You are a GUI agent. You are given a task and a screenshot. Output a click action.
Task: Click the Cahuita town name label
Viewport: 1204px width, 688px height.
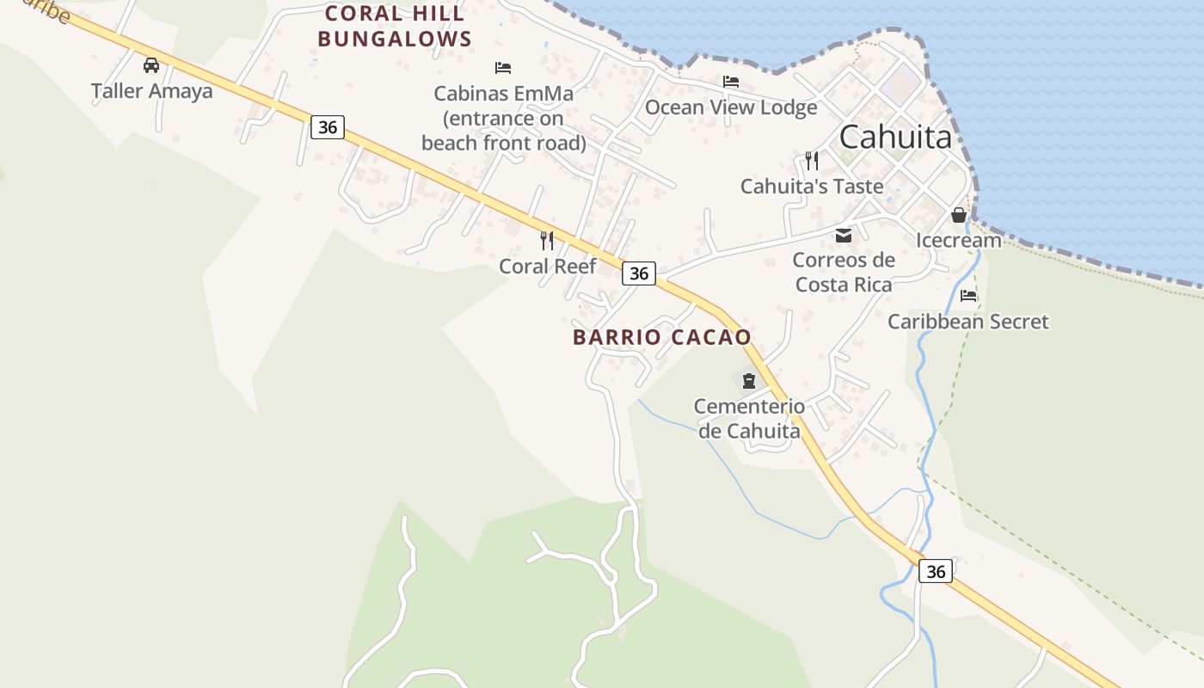click(x=895, y=137)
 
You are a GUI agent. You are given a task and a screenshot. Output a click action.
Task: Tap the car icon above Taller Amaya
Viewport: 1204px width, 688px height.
click(x=151, y=64)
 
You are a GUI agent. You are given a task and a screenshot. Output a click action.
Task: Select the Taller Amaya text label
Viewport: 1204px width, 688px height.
click(x=151, y=90)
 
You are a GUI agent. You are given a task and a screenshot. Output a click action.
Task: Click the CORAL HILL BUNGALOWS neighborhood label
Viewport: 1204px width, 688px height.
click(x=395, y=26)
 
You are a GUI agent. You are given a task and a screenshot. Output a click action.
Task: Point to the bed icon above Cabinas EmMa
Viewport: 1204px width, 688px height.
click(x=503, y=67)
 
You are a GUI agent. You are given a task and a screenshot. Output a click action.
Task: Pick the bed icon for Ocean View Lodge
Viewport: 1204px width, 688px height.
click(x=731, y=82)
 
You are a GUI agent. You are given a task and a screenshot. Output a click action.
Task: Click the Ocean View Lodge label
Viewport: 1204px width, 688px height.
click(x=731, y=107)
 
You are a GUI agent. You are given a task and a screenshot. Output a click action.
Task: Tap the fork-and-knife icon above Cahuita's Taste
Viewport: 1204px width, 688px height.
click(x=812, y=160)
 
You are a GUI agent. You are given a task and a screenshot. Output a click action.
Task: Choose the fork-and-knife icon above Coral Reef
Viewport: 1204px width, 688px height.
click(x=547, y=239)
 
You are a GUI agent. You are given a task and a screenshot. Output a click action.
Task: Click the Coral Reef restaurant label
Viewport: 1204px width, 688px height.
click(x=547, y=266)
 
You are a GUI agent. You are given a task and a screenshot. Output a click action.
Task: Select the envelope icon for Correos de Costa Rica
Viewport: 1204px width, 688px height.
click(x=844, y=235)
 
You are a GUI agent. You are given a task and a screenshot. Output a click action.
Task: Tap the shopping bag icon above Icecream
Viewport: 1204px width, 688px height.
click(x=959, y=215)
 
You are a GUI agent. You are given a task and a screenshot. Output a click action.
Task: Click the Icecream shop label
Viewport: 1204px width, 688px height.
click(x=959, y=240)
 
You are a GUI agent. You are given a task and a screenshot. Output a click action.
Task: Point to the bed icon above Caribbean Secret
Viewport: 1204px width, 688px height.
click(x=968, y=296)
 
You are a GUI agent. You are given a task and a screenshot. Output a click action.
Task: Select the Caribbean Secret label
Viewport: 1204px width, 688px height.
click(x=968, y=322)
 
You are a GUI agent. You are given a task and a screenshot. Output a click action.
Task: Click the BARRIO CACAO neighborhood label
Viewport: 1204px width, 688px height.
click(x=662, y=337)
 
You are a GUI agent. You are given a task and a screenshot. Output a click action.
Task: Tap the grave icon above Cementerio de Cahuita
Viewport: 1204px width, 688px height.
click(x=748, y=380)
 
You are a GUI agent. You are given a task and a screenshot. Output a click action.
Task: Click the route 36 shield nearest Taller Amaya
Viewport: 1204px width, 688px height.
click(x=327, y=127)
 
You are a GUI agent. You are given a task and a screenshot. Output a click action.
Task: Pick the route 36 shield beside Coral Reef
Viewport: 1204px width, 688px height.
click(x=638, y=273)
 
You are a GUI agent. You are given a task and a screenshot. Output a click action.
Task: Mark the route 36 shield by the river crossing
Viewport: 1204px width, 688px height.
click(x=936, y=571)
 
